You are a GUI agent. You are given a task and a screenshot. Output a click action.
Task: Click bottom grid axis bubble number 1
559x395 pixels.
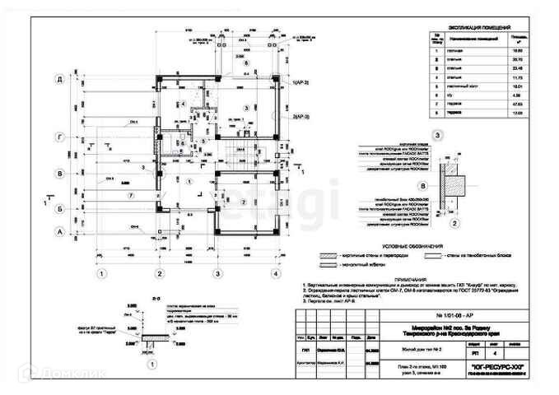[x=101, y=274]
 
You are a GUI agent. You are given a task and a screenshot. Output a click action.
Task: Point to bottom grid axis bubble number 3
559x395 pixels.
[x=217, y=274]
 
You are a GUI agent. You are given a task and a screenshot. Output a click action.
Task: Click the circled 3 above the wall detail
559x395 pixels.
[x=438, y=135]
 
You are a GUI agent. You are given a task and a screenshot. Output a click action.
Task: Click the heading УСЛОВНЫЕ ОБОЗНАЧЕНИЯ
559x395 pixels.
[x=408, y=247]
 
